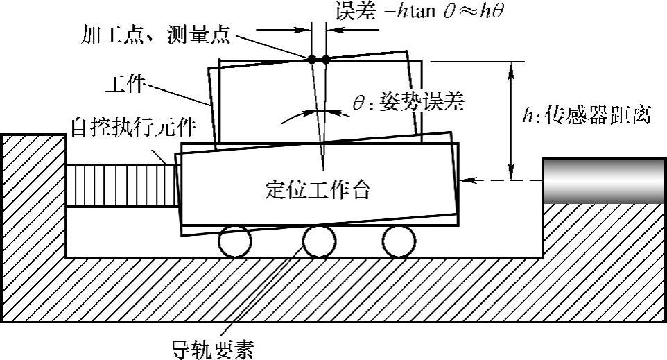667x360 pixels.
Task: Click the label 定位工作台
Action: pos(317,189)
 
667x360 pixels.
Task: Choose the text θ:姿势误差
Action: pos(407,103)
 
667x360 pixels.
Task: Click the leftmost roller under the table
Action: pos(234,241)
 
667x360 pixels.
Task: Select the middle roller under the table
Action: pos(318,241)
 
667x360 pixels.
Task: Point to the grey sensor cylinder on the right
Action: pos(604,180)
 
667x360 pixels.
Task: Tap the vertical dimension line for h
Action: pos(512,118)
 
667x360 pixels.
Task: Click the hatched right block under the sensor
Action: pos(603,229)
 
